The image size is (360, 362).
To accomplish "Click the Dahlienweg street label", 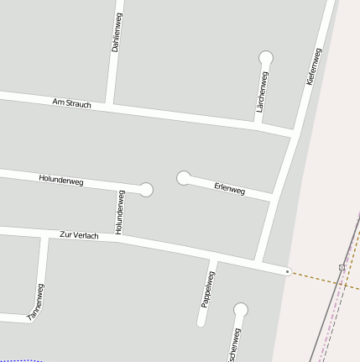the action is point(117,34).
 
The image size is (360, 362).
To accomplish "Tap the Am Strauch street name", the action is point(71,102).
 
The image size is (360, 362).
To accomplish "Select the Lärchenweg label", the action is point(263,92).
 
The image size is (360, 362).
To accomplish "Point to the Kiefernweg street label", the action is point(314,66).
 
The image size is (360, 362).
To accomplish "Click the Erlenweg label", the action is point(229,189).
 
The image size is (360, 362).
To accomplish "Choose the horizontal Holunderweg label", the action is point(61,179).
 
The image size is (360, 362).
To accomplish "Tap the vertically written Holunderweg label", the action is point(120,212).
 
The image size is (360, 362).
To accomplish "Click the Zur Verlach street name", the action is point(80,235).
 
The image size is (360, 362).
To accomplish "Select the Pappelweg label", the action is point(208,288).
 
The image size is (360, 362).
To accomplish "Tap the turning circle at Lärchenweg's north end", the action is point(266,58).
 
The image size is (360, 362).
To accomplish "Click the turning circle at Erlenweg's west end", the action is point(184,177).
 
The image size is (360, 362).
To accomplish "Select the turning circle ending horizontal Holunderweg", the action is point(146,190).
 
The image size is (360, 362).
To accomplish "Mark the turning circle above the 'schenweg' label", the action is point(241,310).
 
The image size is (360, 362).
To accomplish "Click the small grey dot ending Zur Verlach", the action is point(287,271).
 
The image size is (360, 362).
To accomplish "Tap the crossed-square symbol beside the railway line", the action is point(342,266).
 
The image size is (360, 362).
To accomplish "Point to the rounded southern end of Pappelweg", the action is point(202,323).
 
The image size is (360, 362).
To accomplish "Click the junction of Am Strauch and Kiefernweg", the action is point(294,133).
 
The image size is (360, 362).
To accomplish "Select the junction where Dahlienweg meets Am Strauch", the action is point(110,105).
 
